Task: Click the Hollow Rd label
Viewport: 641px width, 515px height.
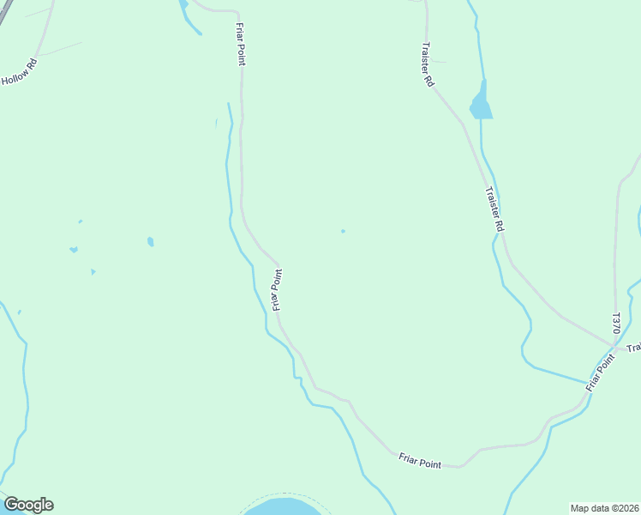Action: pyautogui.click(x=19, y=72)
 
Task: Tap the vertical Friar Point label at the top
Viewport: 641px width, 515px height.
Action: pyautogui.click(x=241, y=45)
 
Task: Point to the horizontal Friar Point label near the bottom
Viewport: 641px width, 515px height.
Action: pyautogui.click(x=420, y=461)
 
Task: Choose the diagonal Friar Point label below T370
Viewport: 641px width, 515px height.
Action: pyautogui.click(x=602, y=373)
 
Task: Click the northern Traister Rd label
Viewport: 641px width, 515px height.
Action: pyautogui.click(x=427, y=64)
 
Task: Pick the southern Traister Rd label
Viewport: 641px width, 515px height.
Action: pyautogui.click(x=493, y=209)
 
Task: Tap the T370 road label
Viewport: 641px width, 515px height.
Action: pyautogui.click(x=615, y=324)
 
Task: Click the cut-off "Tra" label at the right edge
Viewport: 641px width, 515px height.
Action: pyautogui.click(x=633, y=348)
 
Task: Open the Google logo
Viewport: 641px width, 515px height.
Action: pyautogui.click(x=28, y=505)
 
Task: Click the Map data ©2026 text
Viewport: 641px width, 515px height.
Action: pyautogui.click(x=604, y=508)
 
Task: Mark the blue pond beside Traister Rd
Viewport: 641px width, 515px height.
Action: pyautogui.click(x=481, y=104)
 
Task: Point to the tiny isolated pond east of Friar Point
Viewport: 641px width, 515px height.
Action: pyautogui.click(x=343, y=231)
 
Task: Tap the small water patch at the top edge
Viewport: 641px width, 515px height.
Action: pyautogui.click(x=183, y=5)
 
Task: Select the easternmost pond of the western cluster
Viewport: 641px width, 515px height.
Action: pyautogui.click(x=151, y=242)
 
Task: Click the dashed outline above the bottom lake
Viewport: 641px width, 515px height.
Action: pyautogui.click(x=283, y=494)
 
